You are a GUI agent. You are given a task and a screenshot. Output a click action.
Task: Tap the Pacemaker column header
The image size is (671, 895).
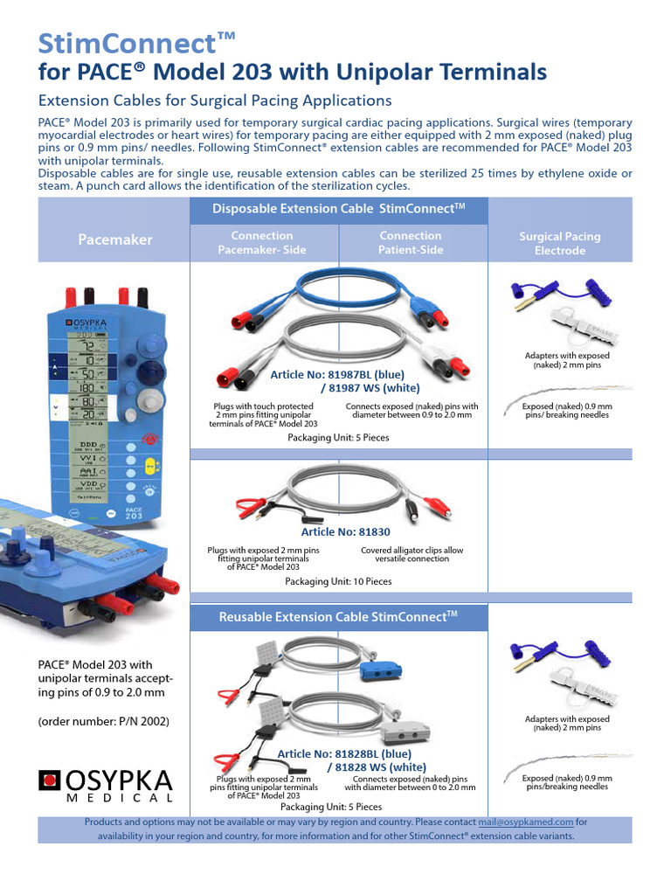coord(114,239)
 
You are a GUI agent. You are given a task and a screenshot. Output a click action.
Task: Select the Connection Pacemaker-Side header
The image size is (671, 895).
coord(262,242)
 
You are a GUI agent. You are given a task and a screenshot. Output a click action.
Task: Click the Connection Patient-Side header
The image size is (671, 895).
coord(411,242)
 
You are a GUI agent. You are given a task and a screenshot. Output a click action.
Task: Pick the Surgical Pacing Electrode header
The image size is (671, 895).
coord(560,243)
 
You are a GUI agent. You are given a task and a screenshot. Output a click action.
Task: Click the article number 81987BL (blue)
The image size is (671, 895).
coord(337,374)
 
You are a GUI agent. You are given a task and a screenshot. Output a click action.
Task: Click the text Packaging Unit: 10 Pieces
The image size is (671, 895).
coord(339,581)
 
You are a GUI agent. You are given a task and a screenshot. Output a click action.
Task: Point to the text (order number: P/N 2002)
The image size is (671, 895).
coord(103,721)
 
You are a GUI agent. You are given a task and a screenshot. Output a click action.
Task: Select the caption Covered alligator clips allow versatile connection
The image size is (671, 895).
coord(412,554)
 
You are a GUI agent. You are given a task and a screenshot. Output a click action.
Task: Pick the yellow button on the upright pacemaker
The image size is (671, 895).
coord(149,466)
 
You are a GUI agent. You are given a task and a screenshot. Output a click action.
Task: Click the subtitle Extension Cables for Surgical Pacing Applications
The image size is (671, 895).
coord(215,101)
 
